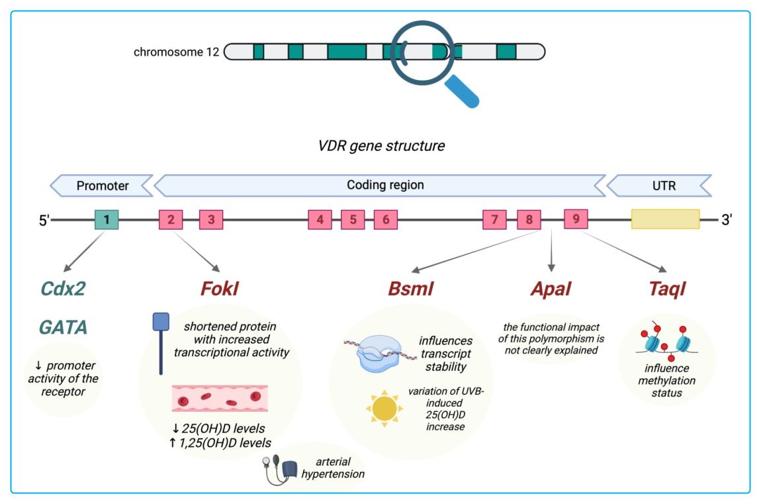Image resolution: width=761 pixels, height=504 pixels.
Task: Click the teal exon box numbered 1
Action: [x=107, y=219]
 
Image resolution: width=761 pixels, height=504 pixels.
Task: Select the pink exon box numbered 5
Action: [x=353, y=219]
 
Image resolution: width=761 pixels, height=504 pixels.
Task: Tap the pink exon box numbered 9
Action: [x=576, y=219]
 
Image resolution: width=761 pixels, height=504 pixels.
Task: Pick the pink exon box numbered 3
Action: [x=211, y=219]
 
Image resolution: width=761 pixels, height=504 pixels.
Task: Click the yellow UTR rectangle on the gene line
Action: [x=665, y=219]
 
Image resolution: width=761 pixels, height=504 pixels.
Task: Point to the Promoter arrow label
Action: [x=103, y=185]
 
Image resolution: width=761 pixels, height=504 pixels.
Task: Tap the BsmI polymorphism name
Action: [x=410, y=289]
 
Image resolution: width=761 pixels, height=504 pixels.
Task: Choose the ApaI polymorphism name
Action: [x=551, y=289]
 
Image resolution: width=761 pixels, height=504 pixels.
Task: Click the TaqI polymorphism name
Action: [x=666, y=289]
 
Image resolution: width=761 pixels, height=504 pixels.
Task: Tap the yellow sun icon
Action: [x=383, y=410]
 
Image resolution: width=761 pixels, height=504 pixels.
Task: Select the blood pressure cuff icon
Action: [x=283, y=468]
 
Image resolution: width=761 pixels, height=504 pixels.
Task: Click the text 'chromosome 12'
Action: [x=176, y=52]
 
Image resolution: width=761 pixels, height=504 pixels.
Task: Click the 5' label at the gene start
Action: [x=44, y=220]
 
